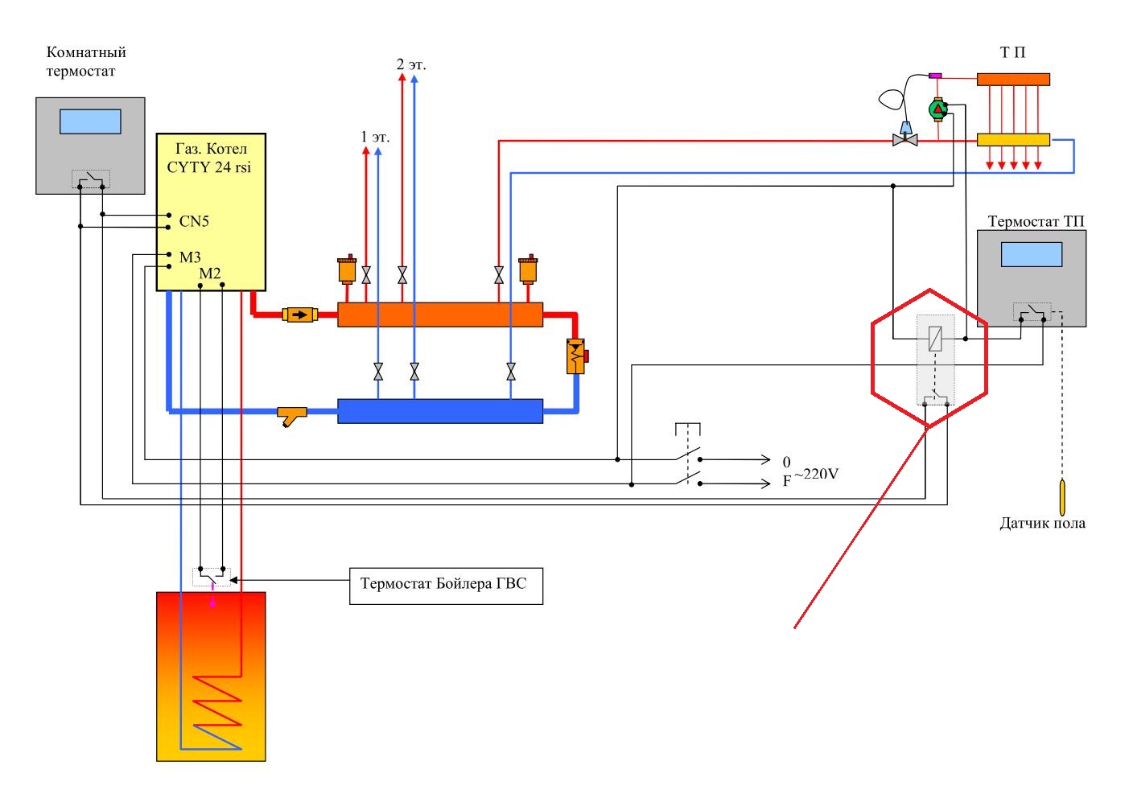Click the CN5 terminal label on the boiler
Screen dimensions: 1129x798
pos(194,221)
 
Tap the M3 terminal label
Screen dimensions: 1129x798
pos(190,257)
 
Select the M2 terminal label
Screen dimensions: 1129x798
pos(210,274)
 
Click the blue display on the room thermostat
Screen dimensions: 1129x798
pos(90,121)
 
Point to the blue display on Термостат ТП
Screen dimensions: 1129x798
pos(1032,254)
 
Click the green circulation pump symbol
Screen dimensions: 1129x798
pos(938,109)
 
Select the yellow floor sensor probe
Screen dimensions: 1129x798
pos(1062,497)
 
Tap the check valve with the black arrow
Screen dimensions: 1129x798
pos(300,315)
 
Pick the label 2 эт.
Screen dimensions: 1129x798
pos(410,64)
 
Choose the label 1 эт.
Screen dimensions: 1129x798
pos(375,137)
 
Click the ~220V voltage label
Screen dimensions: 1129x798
pos(816,474)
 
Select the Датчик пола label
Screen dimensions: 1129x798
pos(1042,524)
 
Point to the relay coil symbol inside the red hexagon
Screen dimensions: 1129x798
pos(935,339)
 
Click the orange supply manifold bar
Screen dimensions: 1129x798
pos(440,315)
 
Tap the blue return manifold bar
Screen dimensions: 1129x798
pos(440,411)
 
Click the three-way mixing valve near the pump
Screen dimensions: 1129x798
pos(905,136)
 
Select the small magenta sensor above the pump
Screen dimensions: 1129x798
pos(935,76)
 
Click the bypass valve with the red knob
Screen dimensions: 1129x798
pos(577,356)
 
